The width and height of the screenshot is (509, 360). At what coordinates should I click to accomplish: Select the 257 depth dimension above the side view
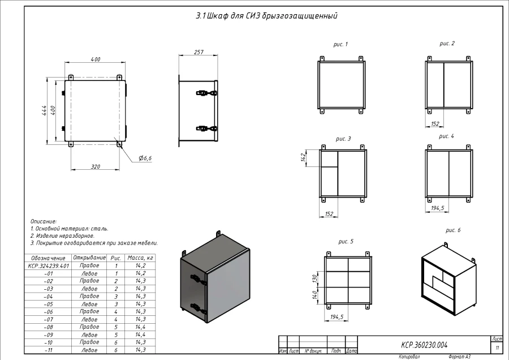(x=199, y=52)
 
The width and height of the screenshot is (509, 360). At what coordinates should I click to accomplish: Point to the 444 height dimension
(x=44, y=110)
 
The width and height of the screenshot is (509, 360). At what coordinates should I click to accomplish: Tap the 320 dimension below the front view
(x=95, y=166)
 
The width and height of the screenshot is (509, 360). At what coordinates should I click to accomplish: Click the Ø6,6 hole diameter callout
(x=145, y=158)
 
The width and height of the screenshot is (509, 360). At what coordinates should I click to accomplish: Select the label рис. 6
(x=453, y=230)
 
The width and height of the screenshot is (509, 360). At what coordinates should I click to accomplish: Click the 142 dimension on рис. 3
(x=304, y=157)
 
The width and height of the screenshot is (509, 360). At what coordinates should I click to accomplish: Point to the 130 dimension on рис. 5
(x=314, y=279)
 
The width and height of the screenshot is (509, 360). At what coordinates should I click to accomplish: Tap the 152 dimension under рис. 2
(x=434, y=123)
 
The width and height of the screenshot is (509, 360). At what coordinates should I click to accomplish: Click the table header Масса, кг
(x=141, y=258)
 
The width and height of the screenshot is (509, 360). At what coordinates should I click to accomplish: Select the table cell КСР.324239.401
(x=48, y=265)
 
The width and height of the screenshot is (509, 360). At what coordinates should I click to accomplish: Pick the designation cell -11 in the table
(x=48, y=350)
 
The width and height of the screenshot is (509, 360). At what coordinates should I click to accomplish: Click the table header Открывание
(x=89, y=258)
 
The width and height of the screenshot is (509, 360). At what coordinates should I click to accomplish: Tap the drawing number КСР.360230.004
(x=424, y=344)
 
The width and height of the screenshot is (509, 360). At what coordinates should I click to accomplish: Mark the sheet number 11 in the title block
(x=497, y=347)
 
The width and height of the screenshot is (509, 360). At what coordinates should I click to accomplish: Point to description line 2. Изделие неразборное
(x=62, y=235)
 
